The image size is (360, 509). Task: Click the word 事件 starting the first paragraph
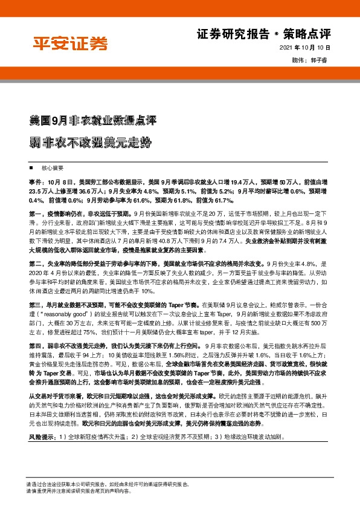pos(35,181)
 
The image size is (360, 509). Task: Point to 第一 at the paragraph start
pos(35,214)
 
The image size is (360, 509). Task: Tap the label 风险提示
pos(40,436)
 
